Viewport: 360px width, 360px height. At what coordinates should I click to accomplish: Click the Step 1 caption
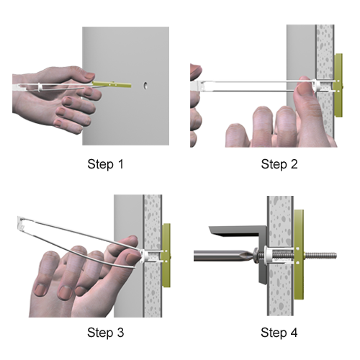click(x=106, y=165)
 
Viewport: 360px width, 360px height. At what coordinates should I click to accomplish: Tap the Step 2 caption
click(x=279, y=165)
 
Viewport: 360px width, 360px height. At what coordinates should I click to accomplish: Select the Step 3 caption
click(x=106, y=333)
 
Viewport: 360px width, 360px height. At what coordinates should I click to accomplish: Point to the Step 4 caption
click(x=279, y=333)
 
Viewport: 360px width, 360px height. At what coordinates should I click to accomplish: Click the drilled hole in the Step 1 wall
click(x=145, y=86)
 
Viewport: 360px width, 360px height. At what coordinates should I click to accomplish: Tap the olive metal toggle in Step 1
click(x=112, y=84)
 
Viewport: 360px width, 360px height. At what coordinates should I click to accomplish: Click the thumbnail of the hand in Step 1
click(x=90, y=76)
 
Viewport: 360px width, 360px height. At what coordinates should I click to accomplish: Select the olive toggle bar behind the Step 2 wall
click(x=338, y=85)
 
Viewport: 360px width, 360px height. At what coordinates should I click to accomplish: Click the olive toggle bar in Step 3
click(x=166, y=256)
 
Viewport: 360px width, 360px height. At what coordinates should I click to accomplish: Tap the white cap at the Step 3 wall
click(x=145, y=256)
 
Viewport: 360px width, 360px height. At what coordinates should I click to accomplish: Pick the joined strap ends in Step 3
click(x=21, y=223)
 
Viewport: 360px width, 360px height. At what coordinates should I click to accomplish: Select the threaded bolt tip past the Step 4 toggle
click(x=320, y=256)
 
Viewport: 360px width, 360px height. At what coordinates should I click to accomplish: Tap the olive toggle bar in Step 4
click(x=299, y=255)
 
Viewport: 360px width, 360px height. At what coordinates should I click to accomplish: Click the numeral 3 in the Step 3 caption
click(x=120, y=333)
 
